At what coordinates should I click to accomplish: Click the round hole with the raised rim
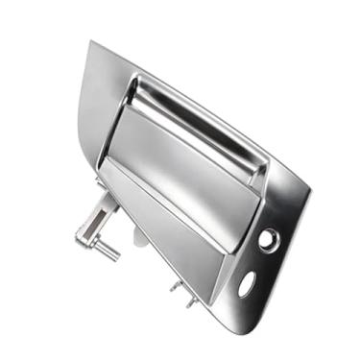tap(269, 239)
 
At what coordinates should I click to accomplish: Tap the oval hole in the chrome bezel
tap(247, 282)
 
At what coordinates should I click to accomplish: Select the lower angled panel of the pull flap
tap(173, 226)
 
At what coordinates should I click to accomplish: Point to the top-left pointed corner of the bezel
tap(90, 42)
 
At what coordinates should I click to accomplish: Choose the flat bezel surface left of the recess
tap(101, 106)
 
